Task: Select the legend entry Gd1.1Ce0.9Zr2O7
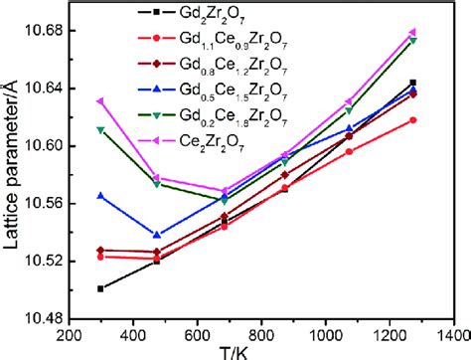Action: tap(229, 38)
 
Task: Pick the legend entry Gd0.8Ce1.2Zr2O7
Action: tap(229, 62)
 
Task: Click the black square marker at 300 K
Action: tap(100, 288)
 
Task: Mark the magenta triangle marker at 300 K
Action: tap(100, 100)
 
